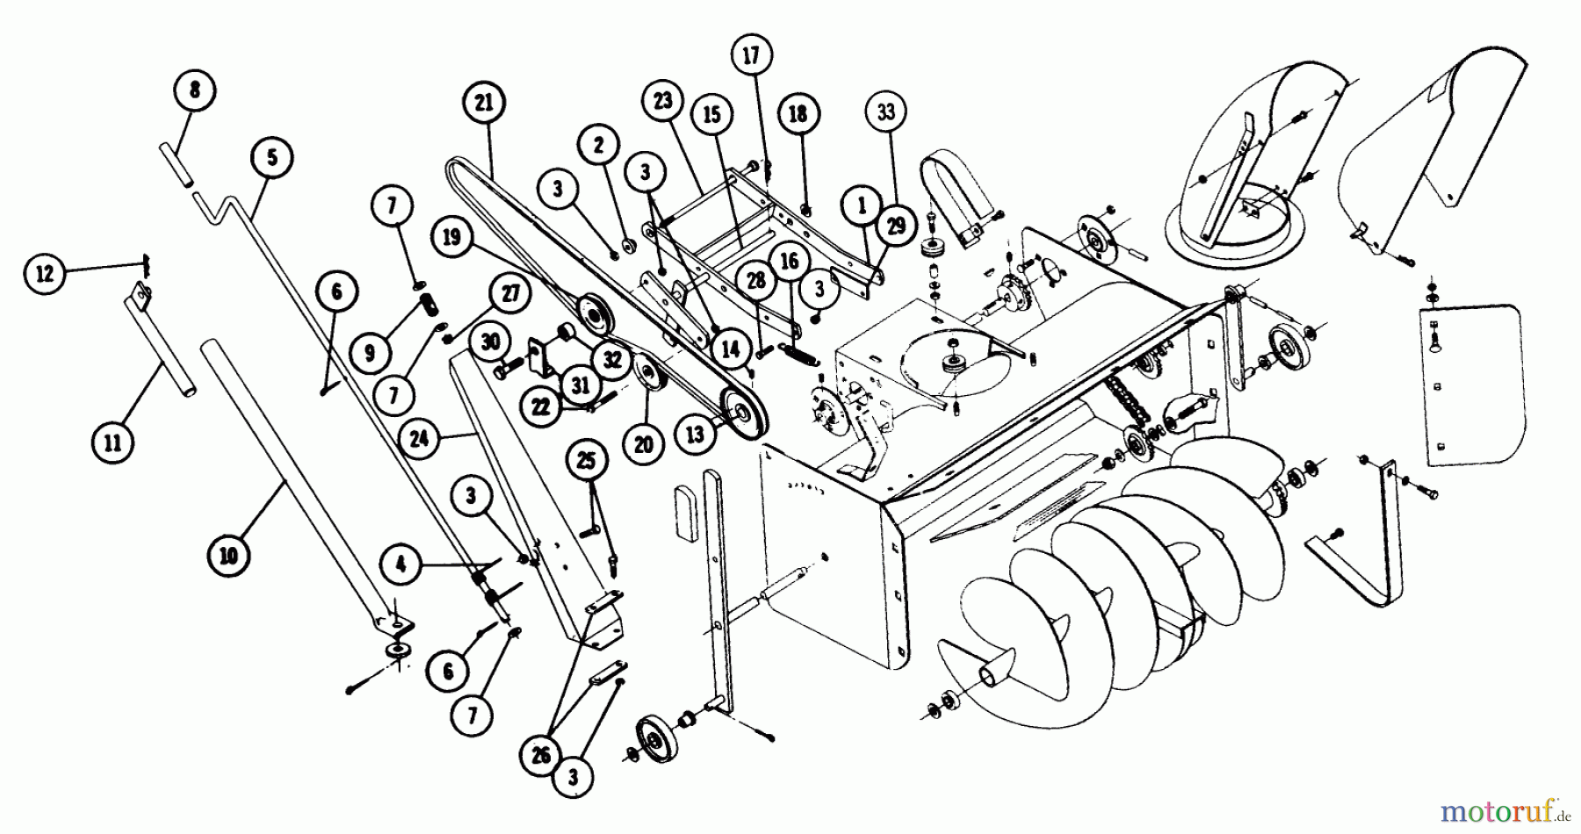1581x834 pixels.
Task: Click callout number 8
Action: (x=194, y=90)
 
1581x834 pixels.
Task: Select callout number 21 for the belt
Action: (x=484, y=103)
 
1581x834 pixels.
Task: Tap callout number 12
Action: (x=44, y=275)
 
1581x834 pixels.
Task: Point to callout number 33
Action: (x=885, y=111)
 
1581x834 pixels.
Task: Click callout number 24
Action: (x=419, y=437)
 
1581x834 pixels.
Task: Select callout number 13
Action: (x=696, y=435)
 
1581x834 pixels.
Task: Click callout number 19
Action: (x=451, y=238)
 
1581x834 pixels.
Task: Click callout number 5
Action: (x=271, y=157)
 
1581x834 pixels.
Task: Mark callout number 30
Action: (x=490, y=343)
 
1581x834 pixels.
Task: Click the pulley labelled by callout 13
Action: (x=743, y=413)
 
